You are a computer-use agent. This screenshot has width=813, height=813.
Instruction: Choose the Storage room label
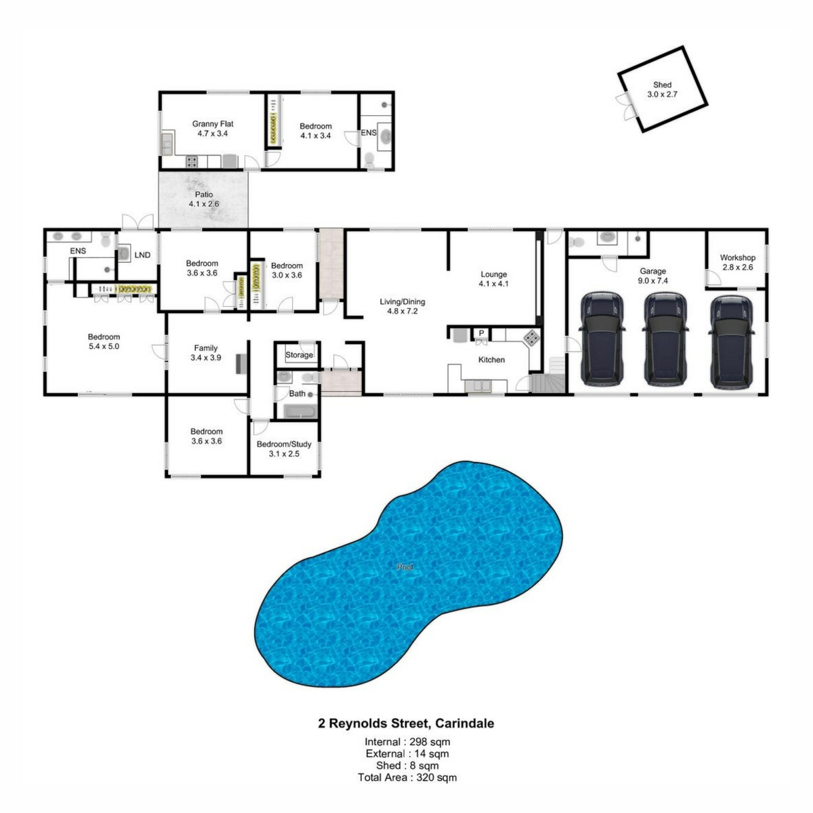click(x=299, y=355)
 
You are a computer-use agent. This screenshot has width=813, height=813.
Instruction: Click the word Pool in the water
click(x=405, y=567)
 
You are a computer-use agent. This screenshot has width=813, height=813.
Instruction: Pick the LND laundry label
click(x=142, y=255)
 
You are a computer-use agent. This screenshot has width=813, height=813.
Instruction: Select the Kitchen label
click(x=491, y=360)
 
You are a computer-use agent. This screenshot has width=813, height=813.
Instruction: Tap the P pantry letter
click(x=481, y=333)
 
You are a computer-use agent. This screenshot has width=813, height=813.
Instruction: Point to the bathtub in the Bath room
click(x=300, y=411)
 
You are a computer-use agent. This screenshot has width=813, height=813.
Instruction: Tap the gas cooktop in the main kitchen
click(x=532, y=337)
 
